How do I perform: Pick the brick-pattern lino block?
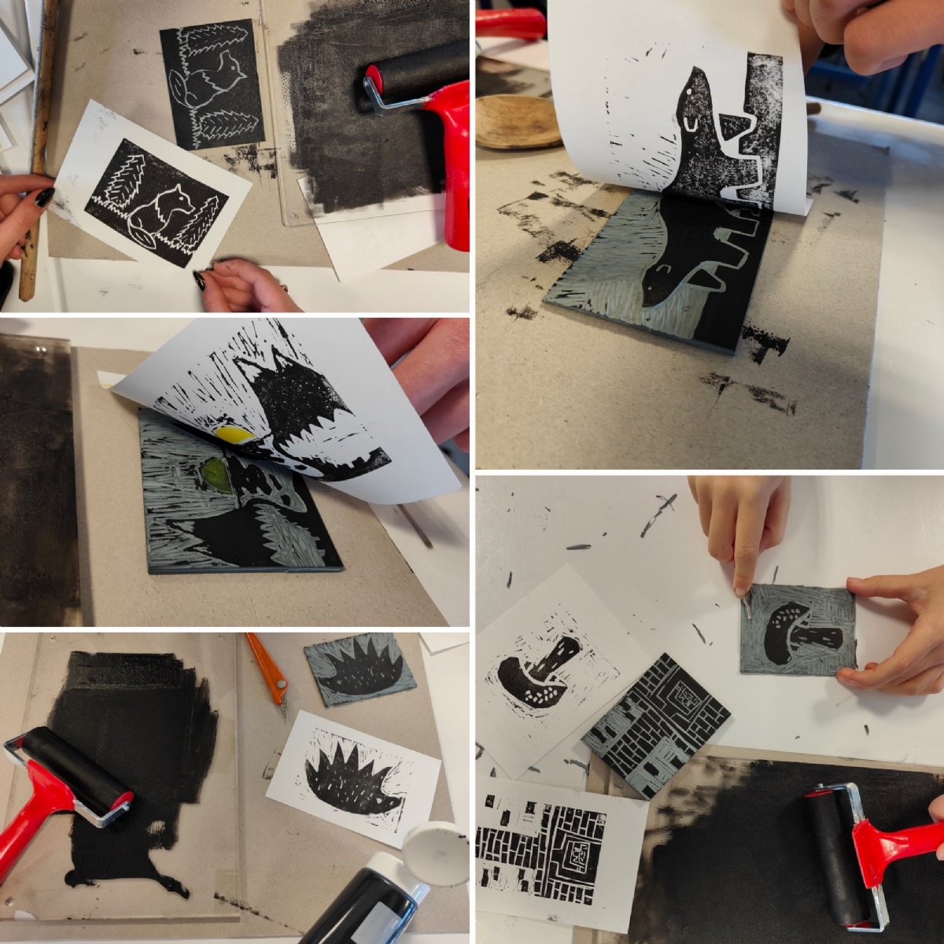[x=657, y=724]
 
